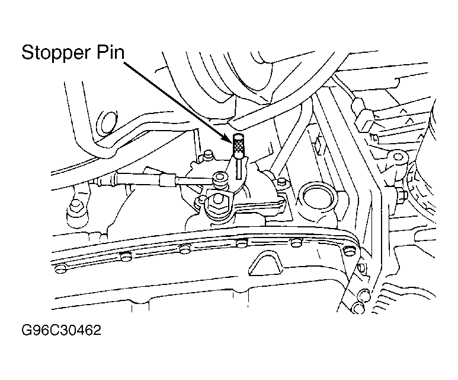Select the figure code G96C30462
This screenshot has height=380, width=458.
[x=62, y=330]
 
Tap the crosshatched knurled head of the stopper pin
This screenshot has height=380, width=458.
[x=238, y=145]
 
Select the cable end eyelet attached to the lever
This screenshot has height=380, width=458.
[x=219, y=179]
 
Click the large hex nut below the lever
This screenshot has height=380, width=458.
[x=217, y=202]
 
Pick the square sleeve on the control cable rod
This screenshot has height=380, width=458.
[x=168, y=179]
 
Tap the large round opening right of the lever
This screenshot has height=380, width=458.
[x=318, y=196]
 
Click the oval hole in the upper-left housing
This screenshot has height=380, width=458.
[x=107, y=123]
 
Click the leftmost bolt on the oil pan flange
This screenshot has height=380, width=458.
[x=60, y=268]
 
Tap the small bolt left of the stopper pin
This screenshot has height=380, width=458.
[x=208, y=155]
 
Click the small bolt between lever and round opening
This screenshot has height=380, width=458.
[x=282, y=182]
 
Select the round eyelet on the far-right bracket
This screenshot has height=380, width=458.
[x=398, y=157]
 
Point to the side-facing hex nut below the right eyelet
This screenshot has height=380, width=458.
[x=402, y=195]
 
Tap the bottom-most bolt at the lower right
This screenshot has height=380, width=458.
[x=358, y=308]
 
